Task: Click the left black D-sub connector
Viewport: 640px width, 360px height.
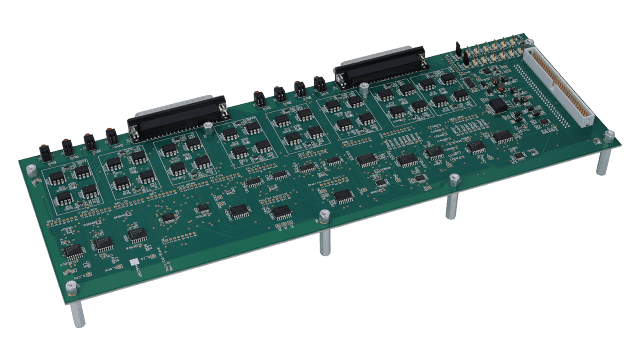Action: pyautogui.click(x=175, y=119)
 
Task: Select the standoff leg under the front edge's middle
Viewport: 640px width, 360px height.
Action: pyautogui.click(x=325, y=243)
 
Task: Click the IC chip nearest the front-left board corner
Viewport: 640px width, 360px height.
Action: pyautogui.click(x=73, y=251)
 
